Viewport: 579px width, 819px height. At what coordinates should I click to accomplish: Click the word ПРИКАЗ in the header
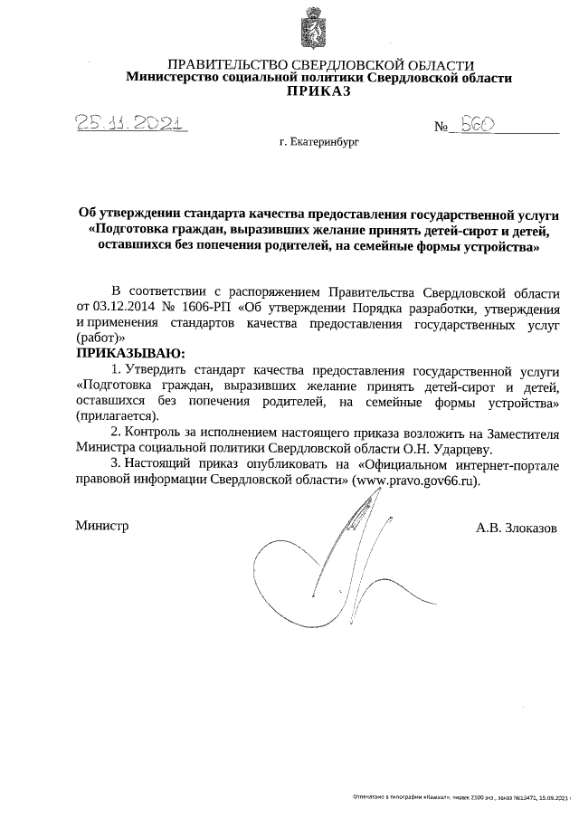click(x=318, y=91)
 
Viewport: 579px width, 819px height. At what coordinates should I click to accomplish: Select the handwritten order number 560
click(x=476, y=127)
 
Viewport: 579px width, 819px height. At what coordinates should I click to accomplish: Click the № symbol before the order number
click(x=442, y=129)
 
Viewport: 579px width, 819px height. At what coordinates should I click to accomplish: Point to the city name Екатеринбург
click(x=325, y=143)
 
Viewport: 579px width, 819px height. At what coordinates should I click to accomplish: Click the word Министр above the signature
click(x=101, y=526)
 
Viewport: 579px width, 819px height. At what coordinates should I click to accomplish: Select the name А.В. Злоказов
click(x=516, y=527)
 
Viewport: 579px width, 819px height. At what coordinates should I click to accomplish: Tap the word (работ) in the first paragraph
click(x=96, y=337)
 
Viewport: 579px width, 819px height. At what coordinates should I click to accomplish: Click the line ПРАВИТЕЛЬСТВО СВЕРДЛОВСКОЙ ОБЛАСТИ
click(x=321, y=65)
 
